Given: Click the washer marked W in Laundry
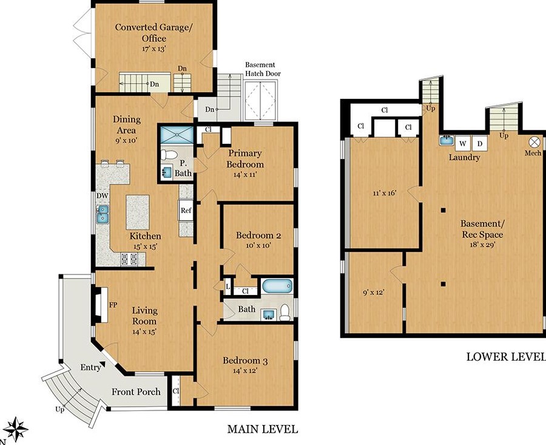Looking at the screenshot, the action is tap(463, 143).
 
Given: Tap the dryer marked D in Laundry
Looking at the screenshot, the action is tap(480, 143).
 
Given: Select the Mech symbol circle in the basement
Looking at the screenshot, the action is tap(533, 142).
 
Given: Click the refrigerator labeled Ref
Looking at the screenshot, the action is tap(186, 210).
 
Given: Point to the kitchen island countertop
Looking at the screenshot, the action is tap(138, 212).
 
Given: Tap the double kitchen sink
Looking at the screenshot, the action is tap(103, 214).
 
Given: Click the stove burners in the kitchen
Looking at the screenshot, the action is tap(129, 259).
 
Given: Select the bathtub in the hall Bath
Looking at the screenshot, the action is tap(277, 287).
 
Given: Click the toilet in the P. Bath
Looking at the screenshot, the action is tap(169, 155).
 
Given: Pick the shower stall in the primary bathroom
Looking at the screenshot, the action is tap(177, 135).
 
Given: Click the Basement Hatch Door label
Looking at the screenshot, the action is tap(263, 69).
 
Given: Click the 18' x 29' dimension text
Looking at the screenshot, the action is tap(482, 244).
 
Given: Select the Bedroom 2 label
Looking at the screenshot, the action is tap(258, 235).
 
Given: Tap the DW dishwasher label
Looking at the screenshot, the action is tap(103, 196).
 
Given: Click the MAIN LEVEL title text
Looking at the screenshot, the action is tap(263, 429).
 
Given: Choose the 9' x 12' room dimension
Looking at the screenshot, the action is tap(373, 293).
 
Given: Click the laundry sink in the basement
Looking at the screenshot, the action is tap(447, 140).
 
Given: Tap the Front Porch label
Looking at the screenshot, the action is tap(136, 392).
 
